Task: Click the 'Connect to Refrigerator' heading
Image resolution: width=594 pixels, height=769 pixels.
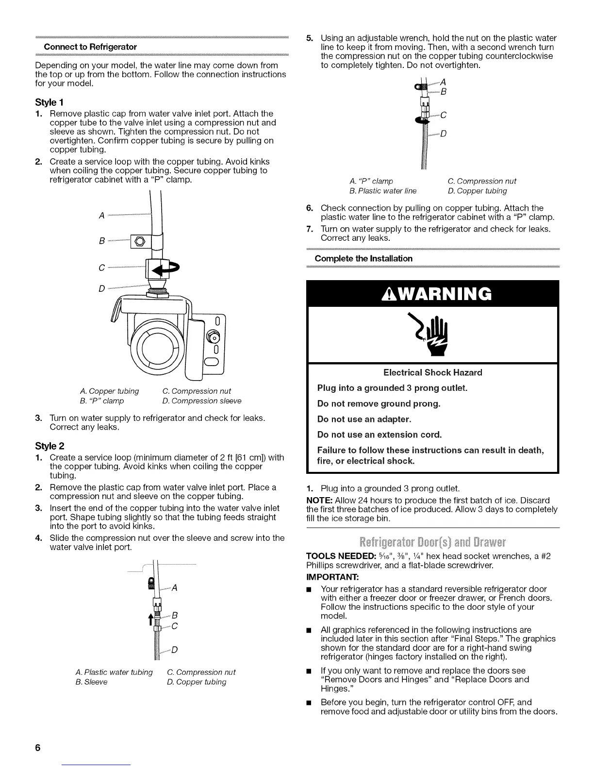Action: click(x=90, y=47)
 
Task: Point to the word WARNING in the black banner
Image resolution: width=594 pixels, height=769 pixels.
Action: click(x=433, y=294)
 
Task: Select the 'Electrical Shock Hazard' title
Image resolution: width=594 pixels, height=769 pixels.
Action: click(x=432, y=372)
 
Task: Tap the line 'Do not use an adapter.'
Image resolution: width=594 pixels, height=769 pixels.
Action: click(x=364, y=419)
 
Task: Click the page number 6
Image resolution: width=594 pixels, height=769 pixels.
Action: click(x=37, y=747)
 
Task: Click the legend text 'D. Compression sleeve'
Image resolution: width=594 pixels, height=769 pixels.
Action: click(x=201, y=401)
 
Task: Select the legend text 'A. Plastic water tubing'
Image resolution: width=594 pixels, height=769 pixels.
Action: click(x=114, y=672)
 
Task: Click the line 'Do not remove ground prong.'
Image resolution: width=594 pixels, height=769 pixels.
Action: click(x=379, y=403)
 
